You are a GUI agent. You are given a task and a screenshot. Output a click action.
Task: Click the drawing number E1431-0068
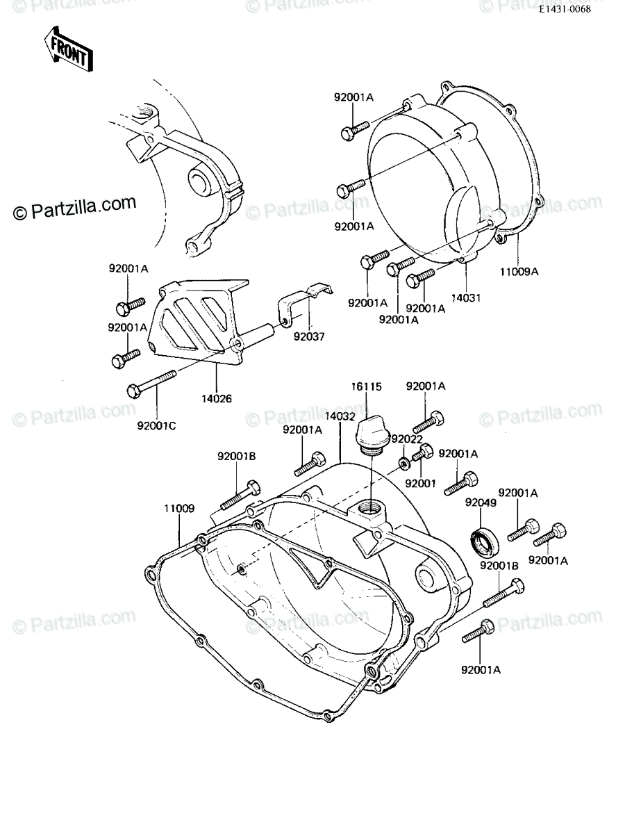[x=566, y=10]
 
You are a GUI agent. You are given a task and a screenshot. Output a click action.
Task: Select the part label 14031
[x=465, y=298]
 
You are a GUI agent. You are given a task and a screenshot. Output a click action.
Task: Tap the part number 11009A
[x=519, y=272]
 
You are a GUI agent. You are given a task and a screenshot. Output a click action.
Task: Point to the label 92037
[x=309, y=336]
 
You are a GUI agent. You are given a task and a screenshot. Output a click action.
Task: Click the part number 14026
[x=216, y=398]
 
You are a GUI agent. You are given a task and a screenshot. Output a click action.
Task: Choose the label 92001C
[x=157, y=426]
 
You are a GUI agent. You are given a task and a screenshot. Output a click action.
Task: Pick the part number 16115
[x=366, y=386]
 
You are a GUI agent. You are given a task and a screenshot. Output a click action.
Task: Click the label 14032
[x=340, y=417]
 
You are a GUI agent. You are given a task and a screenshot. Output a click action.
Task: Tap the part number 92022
[x=407, y=440]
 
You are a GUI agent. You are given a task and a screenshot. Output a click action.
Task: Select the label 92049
[x=481, y=503]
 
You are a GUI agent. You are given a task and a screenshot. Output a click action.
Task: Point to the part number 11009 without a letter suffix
[x=179, y=508]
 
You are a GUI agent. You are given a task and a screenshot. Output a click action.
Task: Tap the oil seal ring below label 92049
[x=485, y=540]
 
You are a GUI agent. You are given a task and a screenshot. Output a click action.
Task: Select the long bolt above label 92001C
[x=151, y=384]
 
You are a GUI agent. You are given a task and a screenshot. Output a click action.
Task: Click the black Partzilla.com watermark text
[x=74, y=207]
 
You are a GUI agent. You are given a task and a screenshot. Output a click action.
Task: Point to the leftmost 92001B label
[x=236, y=457]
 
